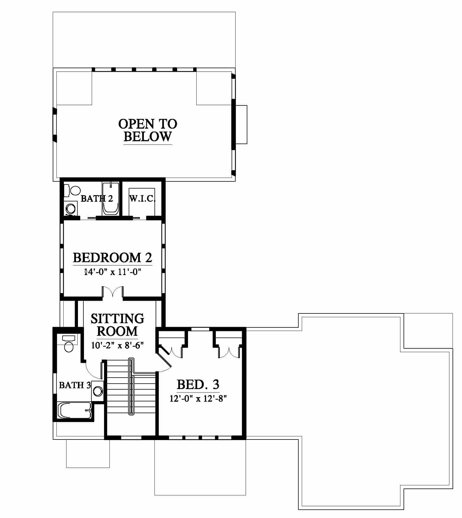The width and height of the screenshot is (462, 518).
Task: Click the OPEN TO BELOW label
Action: [x=148, y=130]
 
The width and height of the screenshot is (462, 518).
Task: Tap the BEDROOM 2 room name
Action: [x=112, y=258]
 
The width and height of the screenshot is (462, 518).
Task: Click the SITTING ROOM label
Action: [x=117, y=325]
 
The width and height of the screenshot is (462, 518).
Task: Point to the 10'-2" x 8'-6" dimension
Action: [x=117, y=345]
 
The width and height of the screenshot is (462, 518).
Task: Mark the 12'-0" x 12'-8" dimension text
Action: [x=198, y=399]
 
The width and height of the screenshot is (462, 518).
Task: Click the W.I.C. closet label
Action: [x=142, y=199]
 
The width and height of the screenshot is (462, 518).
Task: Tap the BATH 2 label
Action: [x=97, y=198]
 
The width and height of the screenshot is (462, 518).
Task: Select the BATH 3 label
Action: [x=75, y=385]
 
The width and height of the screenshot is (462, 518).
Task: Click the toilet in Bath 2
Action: [x=72, y=191]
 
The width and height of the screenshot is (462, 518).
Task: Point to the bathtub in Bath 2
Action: [x=111, y=198]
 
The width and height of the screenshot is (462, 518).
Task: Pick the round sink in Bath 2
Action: [x=70, y=208]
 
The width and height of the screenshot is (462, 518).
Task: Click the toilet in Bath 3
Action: [x=68, y=344]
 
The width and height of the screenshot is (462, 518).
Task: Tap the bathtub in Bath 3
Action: [x=75, y=411]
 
